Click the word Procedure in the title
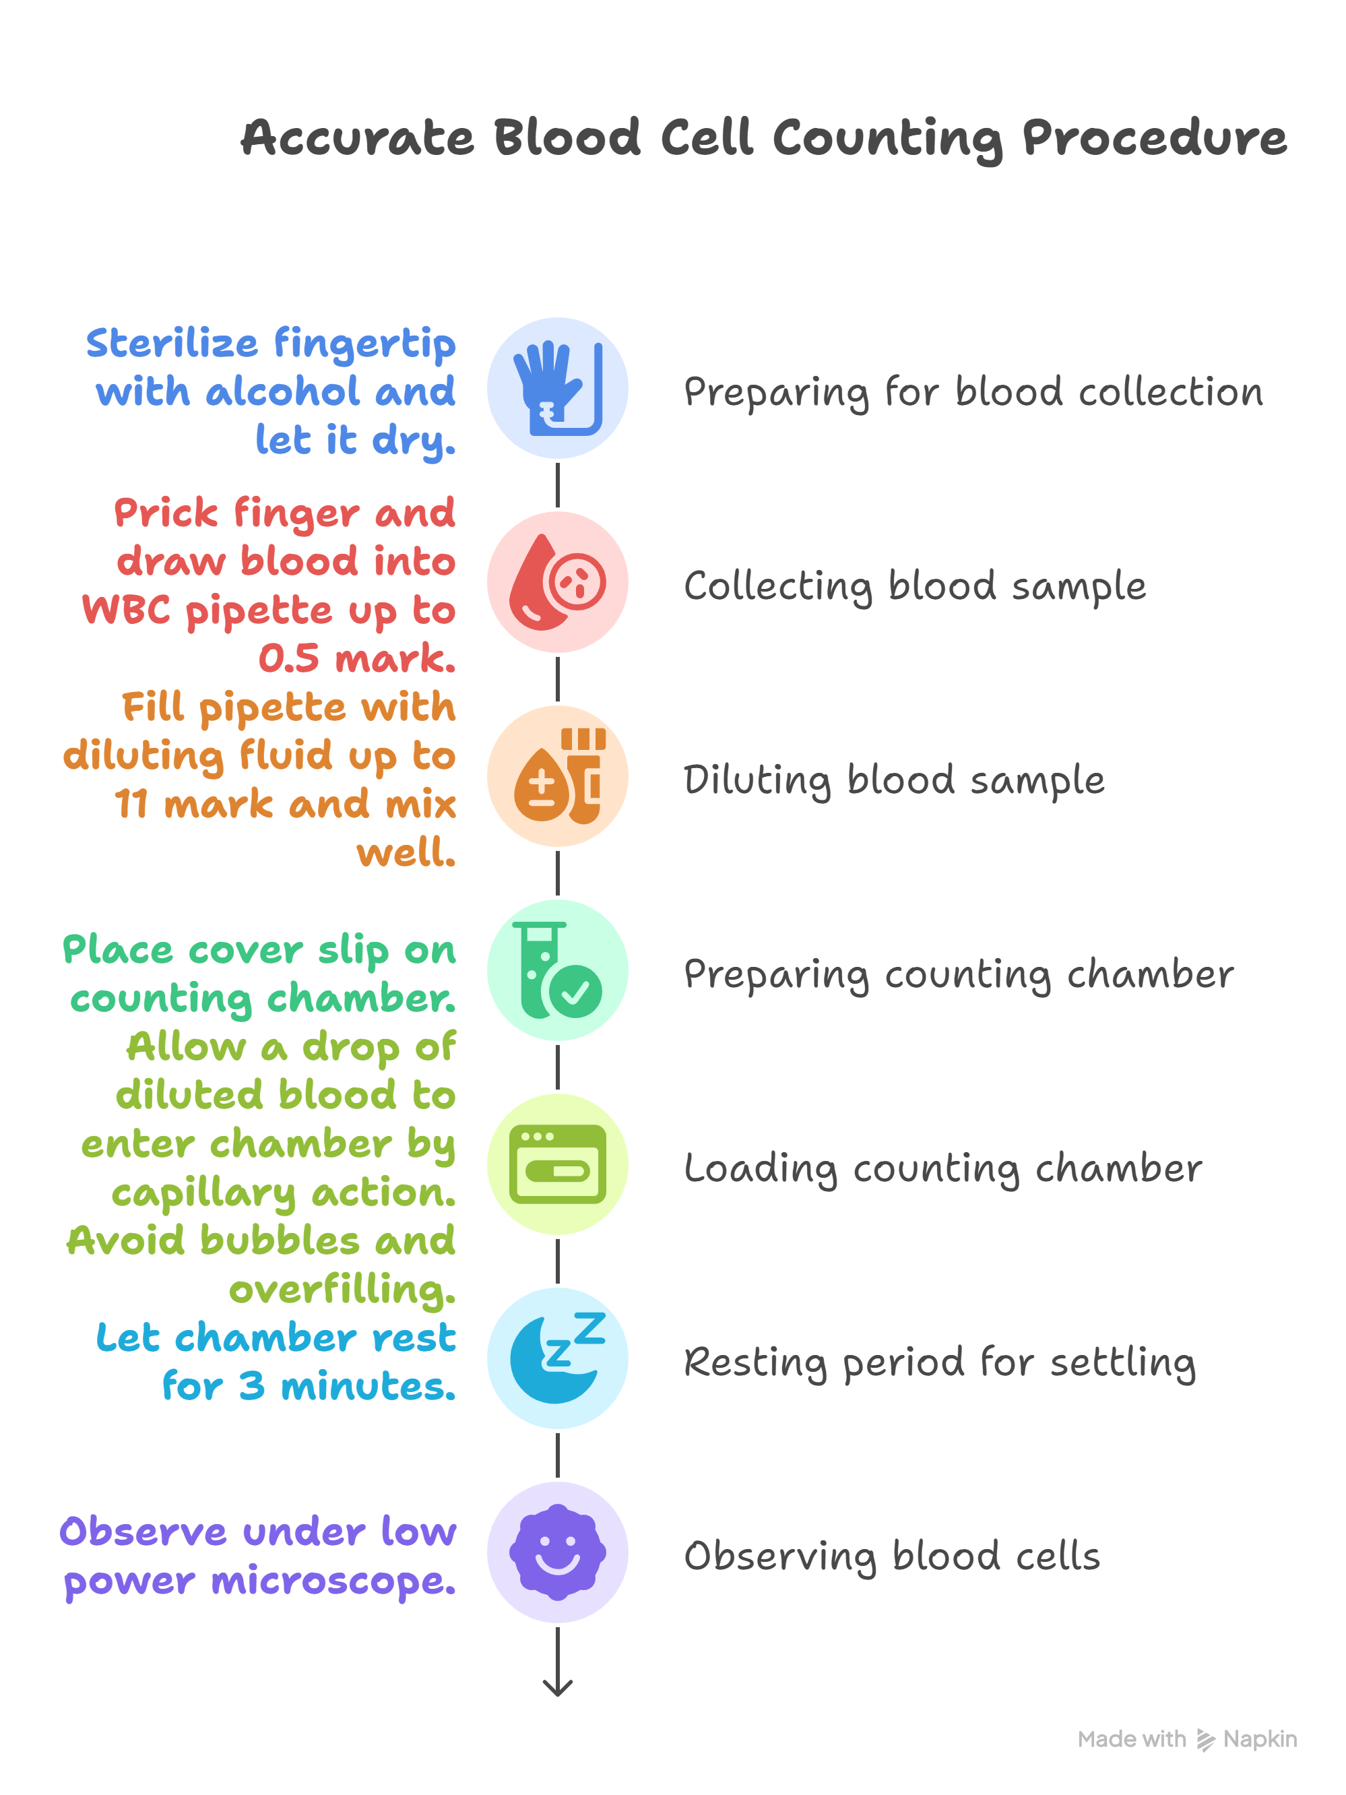pos(1154,139)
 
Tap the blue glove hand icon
pos(557,388)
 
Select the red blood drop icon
pos(557,582)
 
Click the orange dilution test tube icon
pos(560,776)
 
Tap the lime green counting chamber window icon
pos(557,1164)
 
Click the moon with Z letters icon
pos(557,1358)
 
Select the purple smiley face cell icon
pos(557,1552)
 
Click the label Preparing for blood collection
pos(973,393)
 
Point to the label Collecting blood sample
pos(915,587)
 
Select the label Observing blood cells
pos(893,1556)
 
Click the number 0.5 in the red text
pos(289,658)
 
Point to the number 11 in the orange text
pos(131,805)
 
